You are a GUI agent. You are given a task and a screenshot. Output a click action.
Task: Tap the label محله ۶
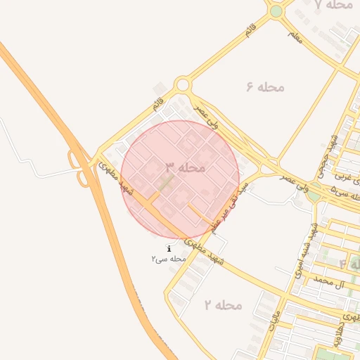(x=265, y=86)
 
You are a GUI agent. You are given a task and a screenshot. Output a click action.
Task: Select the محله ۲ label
(x=223, y=304)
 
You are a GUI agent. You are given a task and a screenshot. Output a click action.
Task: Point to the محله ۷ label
(x=333, y=5)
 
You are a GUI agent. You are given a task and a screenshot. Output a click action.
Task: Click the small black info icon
(x=169, y=249)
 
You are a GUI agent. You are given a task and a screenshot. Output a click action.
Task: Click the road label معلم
(x=295, y=36)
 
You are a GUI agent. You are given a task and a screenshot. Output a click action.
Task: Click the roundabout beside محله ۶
(x=183, y=86)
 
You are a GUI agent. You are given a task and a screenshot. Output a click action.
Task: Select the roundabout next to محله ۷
(x=276, y=11)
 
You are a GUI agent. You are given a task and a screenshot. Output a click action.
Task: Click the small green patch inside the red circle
(x=165, y=184)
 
